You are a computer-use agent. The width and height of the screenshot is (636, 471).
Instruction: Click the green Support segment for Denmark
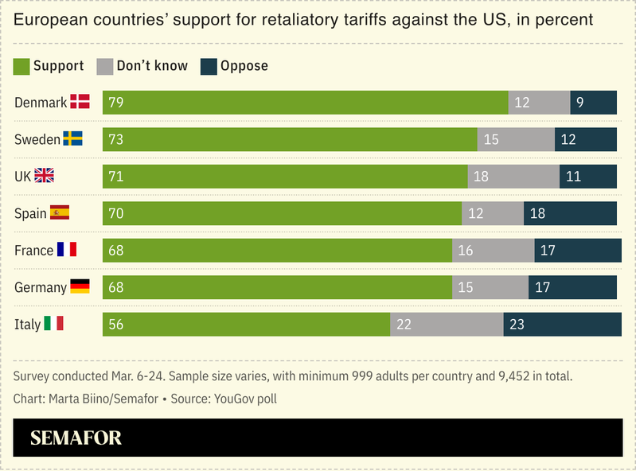point(306,103)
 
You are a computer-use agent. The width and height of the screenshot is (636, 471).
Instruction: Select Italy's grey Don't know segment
point(447,325)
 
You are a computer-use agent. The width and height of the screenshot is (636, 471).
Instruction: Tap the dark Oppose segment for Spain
point(570,213)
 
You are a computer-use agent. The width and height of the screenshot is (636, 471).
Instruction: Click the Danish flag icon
point(80,102)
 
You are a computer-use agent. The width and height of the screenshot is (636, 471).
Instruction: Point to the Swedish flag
point(73,139)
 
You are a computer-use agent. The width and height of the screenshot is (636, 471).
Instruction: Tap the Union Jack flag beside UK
point(44,176)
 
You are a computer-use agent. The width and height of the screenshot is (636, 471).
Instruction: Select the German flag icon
point(80,287)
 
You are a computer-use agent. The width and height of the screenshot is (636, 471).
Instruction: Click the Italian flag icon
point(54,324)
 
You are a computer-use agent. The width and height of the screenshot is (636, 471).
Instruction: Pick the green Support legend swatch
point(21,66)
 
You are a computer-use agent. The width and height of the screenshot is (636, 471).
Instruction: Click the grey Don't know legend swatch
point(104,66)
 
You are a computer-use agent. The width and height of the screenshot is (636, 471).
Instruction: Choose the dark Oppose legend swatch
point(209,66)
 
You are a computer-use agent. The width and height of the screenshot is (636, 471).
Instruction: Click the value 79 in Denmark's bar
point(116,103)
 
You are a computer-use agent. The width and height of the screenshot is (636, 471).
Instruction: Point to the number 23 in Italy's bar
point(517,325)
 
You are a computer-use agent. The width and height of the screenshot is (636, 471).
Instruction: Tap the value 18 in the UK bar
point(481,177)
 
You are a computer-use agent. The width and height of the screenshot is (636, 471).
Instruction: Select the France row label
point(33,251)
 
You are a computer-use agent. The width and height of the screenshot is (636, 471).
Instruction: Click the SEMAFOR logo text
point(76,438)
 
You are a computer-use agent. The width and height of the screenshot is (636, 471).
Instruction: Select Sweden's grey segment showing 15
point(516,139)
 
